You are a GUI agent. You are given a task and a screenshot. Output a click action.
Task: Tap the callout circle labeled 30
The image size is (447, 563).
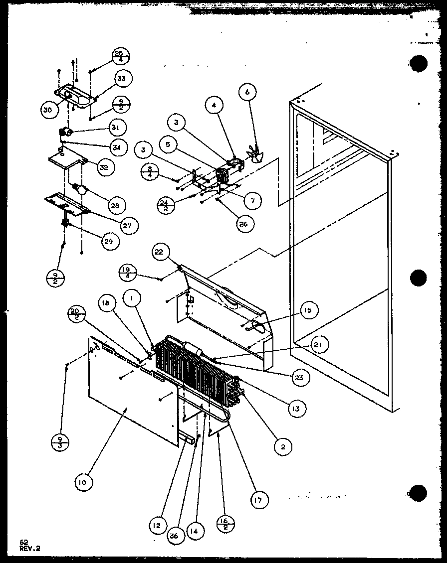[47, 111]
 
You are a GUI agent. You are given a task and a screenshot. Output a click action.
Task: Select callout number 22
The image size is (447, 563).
[159, 253]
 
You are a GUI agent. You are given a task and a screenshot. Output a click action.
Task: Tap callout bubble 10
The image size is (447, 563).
[81, 482]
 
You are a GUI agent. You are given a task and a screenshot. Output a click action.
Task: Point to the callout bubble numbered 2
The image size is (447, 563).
[283, 447]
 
